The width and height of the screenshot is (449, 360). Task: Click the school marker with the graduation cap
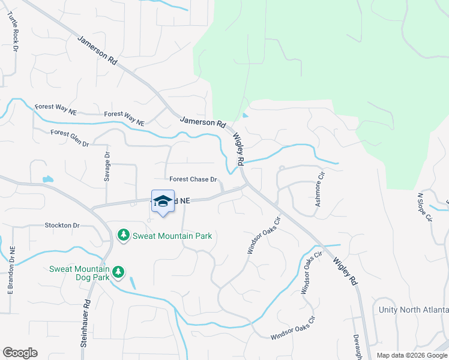click(x=162, y=202)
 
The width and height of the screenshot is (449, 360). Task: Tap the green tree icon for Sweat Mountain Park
click(x=123, y=235)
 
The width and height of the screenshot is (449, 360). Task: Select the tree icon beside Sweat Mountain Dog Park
click(x=118, y=272)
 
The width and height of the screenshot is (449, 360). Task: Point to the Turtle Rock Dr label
click(x=13, y=30)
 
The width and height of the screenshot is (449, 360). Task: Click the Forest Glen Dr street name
click(x=70, y=139)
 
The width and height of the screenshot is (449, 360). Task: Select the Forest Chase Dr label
click(x=192, y=179)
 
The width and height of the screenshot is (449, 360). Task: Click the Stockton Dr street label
click(x=62, y=226)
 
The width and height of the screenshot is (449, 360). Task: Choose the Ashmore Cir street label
click(x=320, y=190)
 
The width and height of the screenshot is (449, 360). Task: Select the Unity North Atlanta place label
click(x=414, y=310)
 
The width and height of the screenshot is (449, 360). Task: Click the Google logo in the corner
click(x=20, y=352)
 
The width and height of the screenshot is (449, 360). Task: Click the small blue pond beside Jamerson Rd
click(x=245, y=116)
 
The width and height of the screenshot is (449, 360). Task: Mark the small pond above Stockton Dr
click(x=47, y=179)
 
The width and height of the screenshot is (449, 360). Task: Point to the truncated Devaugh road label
click(x=357, y=347)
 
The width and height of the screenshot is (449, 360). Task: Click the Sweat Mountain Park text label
click(x=172, y=236)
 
